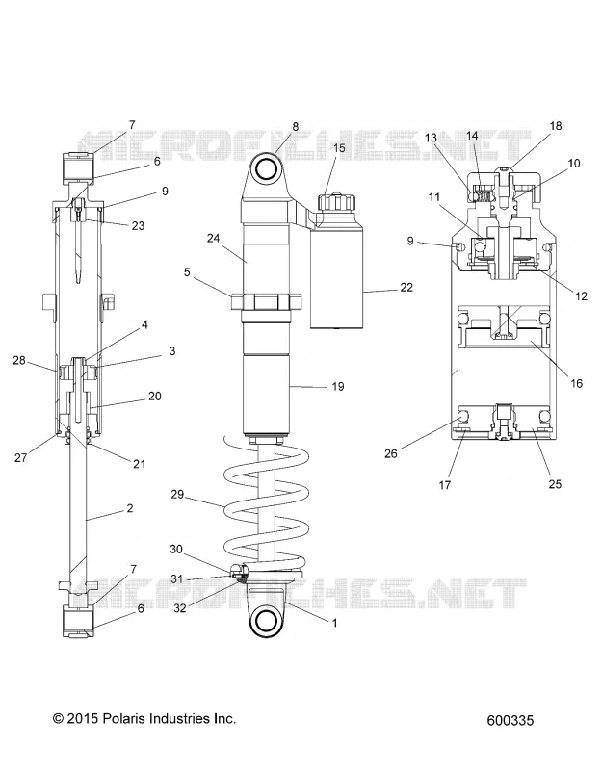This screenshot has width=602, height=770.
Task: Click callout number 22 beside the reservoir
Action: tap(406, 287)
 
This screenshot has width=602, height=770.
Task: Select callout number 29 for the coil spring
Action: tap(177, 494)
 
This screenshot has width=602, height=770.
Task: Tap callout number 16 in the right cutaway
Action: tap(576, 383)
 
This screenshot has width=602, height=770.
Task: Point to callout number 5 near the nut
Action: tap(187, 272)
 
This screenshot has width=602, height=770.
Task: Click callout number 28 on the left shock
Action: tap(19, 360)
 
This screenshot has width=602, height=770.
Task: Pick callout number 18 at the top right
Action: tap(556, 126)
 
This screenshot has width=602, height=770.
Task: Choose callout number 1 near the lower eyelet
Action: tap(335, 623)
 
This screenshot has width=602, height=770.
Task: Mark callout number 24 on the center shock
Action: tap(213, 238)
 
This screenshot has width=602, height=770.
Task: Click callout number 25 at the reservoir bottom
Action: tap(555, 484)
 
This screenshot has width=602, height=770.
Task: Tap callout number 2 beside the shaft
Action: tap(130, 508)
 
